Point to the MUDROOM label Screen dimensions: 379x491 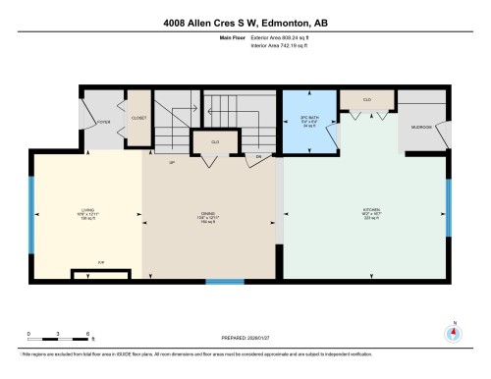point(421,128)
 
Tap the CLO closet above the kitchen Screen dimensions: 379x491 point(367,99)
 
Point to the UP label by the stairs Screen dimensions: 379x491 point(172,162)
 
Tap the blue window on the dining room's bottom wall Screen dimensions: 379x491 point(224,282)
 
